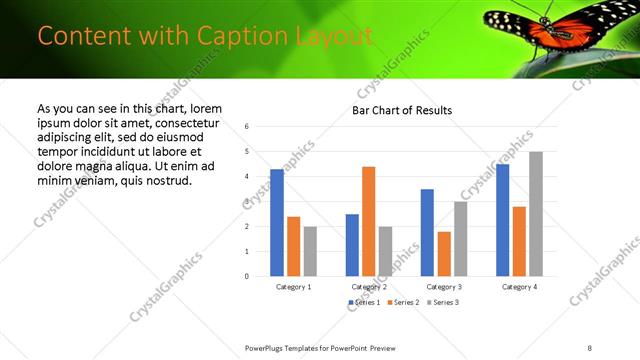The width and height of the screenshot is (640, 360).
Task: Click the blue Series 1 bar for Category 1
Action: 277,223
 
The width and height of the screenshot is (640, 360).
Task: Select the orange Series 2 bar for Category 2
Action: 368,221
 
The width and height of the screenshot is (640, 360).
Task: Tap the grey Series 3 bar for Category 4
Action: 536,214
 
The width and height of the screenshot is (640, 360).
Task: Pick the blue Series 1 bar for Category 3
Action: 427,232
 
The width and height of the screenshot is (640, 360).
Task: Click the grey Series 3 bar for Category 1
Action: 310,251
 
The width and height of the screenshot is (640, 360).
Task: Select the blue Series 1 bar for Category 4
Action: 502,220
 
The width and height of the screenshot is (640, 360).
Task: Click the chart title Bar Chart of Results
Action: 402,110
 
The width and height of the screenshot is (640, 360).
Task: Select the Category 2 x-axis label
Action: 368,287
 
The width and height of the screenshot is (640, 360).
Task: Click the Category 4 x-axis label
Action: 519,287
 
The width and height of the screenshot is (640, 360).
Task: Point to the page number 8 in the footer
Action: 590,347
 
